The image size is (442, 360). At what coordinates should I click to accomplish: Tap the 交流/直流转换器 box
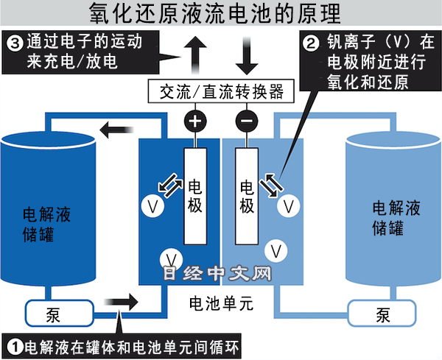coord(222,91)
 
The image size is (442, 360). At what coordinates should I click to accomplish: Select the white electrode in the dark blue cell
coord(195,194)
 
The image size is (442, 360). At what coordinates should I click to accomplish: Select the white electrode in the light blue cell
coord(247,194)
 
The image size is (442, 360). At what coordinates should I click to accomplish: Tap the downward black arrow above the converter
coord(246,52)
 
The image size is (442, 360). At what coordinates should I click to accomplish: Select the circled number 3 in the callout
coord(14,42)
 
